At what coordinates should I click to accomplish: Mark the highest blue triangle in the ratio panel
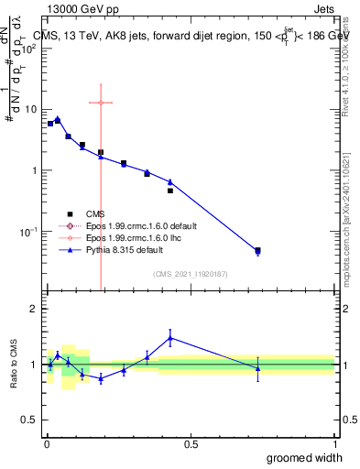tap(170, 338)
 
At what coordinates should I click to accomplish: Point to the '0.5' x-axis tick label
tap(191, 444)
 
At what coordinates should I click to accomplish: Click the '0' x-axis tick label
tap(46, 444)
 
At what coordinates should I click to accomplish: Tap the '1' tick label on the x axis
tap(334, 444)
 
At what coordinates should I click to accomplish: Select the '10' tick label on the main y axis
tap(31, 109)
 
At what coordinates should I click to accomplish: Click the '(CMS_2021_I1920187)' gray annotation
tap(191, 274)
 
